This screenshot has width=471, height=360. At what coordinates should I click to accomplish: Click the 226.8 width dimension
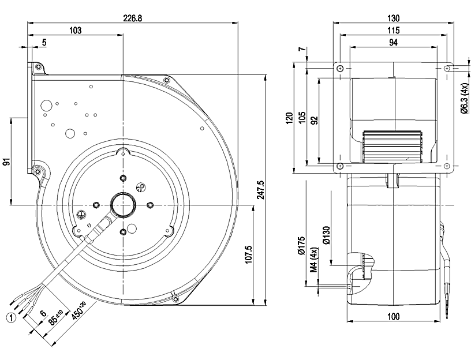(132, 18)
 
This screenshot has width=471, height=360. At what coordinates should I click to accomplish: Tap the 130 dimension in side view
(392, 18)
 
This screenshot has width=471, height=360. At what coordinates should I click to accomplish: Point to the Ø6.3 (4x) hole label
(464, 98)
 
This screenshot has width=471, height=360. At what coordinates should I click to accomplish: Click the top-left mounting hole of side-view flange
(340, 68)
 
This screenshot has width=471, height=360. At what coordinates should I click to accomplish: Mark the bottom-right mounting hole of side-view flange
(447, 166)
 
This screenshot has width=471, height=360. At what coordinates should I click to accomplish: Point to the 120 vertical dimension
(289, 118)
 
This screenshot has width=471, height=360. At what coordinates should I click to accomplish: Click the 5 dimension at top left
(44, 42)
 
